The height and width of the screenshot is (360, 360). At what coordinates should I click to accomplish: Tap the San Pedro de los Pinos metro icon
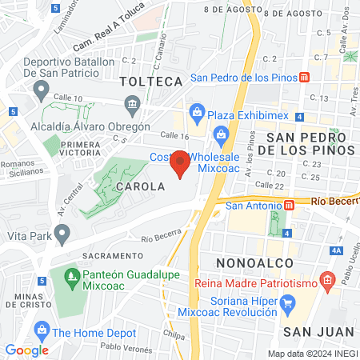pyautogui.click(x=304, y=78)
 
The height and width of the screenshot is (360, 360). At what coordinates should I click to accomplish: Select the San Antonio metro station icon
pyautogui.click(x=289, y=205)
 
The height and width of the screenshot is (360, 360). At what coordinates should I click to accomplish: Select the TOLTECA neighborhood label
pyautogui.click(x=151, y=82)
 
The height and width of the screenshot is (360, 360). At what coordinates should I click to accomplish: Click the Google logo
pyautogui.click(x=26, y=350)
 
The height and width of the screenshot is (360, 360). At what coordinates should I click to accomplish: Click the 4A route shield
pyautogui.click(x=337, y=251)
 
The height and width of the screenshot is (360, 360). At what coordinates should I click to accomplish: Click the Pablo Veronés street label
pyautogui.click(x=126, y=346)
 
